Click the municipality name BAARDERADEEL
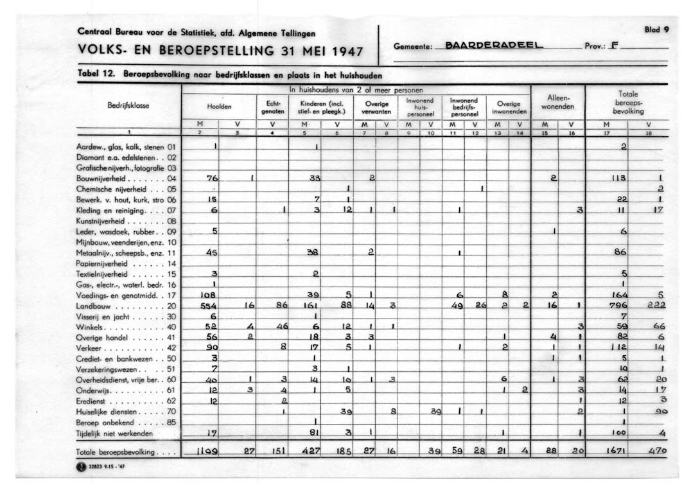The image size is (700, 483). [x=494, y=46]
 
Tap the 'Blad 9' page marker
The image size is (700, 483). [x=658, y=29]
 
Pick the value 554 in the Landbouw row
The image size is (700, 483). [x=213, y=307]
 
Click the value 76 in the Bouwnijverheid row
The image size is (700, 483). [x=213, y=178]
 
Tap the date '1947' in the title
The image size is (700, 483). [x=341, y=51]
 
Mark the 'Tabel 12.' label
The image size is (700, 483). [x=96, y=75]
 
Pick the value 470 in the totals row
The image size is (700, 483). [x=657, y=452]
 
